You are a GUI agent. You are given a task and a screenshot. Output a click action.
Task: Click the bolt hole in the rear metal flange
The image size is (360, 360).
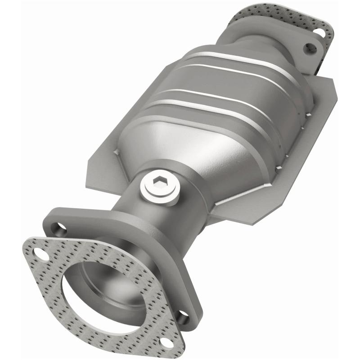tap(310, 49)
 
